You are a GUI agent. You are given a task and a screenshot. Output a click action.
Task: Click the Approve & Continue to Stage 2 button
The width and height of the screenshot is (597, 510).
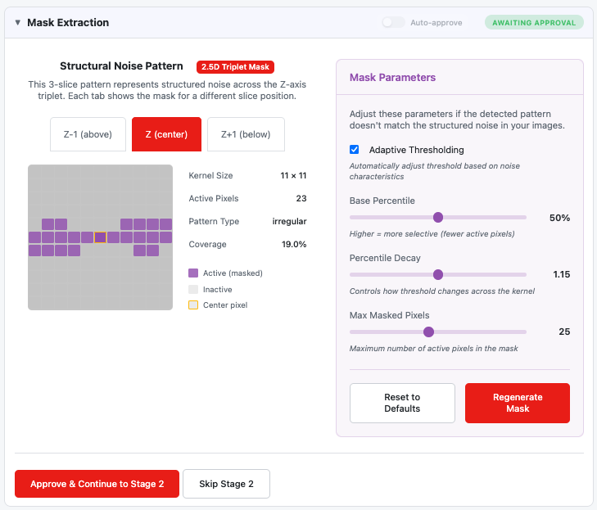tap(97, 484)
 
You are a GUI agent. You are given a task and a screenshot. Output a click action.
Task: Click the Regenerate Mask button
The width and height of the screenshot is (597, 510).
tap(518, 403)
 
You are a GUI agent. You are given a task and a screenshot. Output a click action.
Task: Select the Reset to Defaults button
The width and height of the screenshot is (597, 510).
tap(402, 403)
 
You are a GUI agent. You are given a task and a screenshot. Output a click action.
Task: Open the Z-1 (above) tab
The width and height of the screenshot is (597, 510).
tap(88, 134)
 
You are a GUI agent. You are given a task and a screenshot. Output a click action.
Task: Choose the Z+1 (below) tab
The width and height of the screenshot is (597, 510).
tap(246, 134)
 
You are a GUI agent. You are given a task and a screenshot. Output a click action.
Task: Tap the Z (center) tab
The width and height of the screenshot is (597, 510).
tap(166, 134)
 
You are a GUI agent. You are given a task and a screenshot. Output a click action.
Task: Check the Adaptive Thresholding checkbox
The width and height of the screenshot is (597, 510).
tap(354, 149)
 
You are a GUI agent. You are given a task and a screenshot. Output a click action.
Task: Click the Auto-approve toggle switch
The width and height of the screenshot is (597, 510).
tap(393, 22)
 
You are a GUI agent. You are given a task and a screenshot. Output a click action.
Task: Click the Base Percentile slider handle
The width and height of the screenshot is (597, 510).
tap(438, 217)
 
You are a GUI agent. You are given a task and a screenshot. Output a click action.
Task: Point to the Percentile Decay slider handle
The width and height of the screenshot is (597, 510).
tap(438, 274)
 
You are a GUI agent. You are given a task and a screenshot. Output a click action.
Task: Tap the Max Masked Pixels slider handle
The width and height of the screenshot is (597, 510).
tap(429, 332)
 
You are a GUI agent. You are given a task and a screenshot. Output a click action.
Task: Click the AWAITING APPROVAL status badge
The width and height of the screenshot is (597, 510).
tap(534, 22)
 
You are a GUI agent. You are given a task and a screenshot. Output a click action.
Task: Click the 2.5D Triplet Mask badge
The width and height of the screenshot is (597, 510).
tap(235, 67)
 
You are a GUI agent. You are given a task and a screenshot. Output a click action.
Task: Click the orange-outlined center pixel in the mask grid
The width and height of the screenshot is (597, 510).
tap(100, 237)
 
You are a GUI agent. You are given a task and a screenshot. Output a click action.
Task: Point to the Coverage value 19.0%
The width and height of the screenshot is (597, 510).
tap(294, 244)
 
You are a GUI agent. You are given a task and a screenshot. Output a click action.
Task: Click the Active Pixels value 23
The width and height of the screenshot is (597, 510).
tap(301, 198)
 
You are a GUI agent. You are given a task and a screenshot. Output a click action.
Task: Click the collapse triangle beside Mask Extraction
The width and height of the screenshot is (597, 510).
tap(17, 22)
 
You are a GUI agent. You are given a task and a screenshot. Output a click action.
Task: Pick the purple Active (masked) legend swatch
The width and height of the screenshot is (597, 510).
tap(193, 273)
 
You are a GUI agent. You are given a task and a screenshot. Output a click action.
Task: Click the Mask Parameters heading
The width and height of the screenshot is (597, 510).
tap(392, 77)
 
